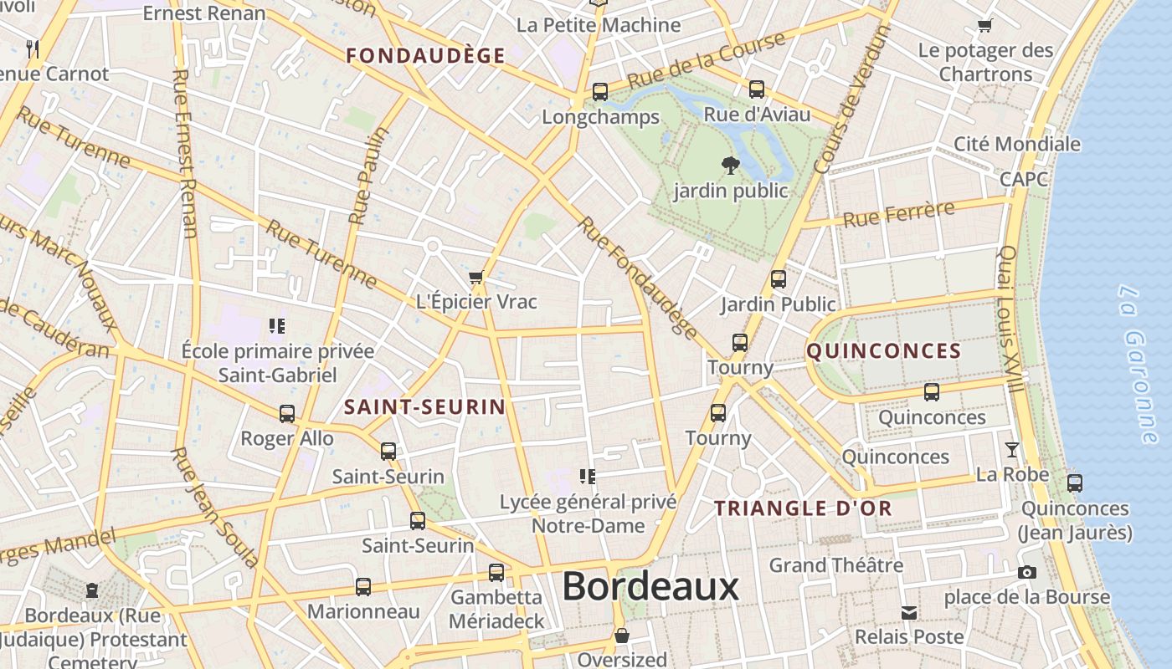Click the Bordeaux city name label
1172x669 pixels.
point(650,587)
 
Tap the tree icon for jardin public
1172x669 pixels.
point(730,166)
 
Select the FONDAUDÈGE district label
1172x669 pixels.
point(426,56)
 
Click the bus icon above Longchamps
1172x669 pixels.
point(600,92)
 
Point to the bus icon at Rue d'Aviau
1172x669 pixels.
point(757,89)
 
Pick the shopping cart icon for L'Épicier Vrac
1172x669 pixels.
point(476,277)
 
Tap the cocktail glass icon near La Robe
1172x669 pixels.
point(1012,450)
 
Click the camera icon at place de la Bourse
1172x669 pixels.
point(1026,573)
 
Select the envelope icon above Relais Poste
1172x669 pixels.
point(908,613)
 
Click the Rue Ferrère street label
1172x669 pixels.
point(898,214)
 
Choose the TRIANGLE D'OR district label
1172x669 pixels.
point(803,508)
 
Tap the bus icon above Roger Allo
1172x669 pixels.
point(287,413)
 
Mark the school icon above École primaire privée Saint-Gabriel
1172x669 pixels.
point(277,325)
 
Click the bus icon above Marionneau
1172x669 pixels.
point(362,586)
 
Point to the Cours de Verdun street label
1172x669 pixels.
point(851,100)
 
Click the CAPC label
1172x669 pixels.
point(1023,180)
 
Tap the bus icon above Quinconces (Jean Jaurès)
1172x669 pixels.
point(1075,483)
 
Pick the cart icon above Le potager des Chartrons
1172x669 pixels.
point(985,26)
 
